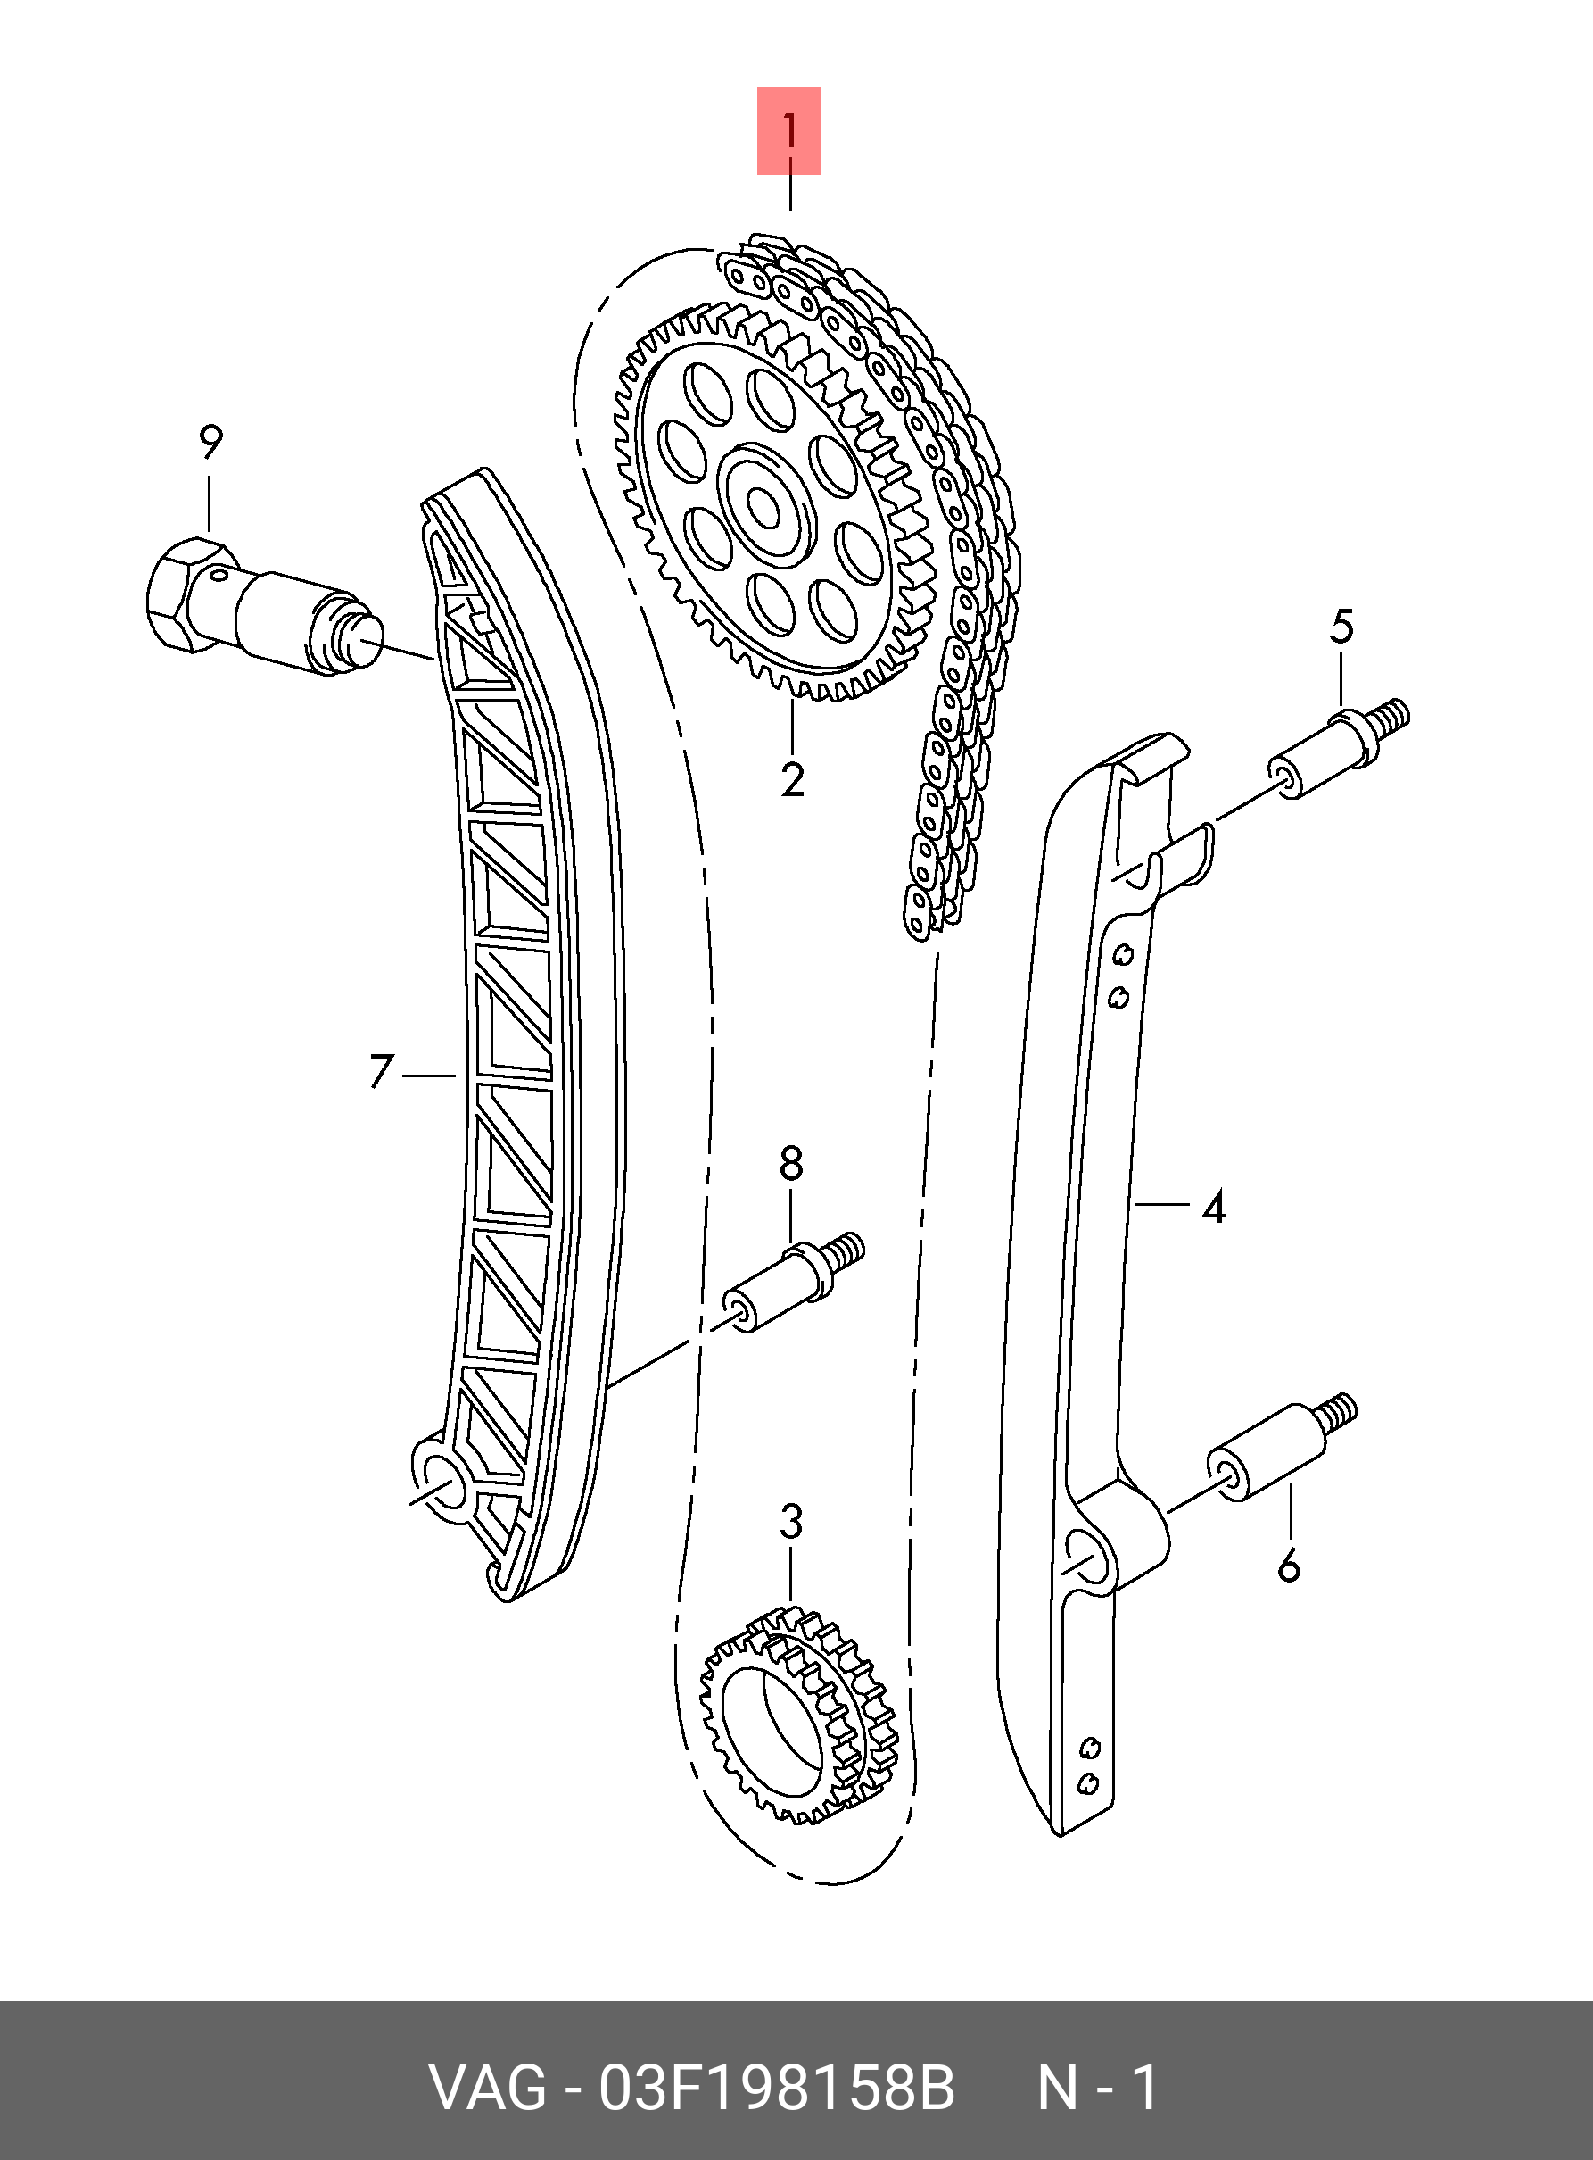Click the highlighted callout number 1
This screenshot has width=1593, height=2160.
click(x=788, y=131)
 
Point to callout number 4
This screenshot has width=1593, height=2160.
click(x=1213, y=1206)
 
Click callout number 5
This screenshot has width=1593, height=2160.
click(x=1341, y=627)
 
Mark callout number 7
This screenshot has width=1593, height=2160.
click(x=381, y=1072)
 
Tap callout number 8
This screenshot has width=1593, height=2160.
click(x=791, y=1163)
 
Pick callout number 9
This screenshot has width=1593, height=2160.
click(x=210, y=442)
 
